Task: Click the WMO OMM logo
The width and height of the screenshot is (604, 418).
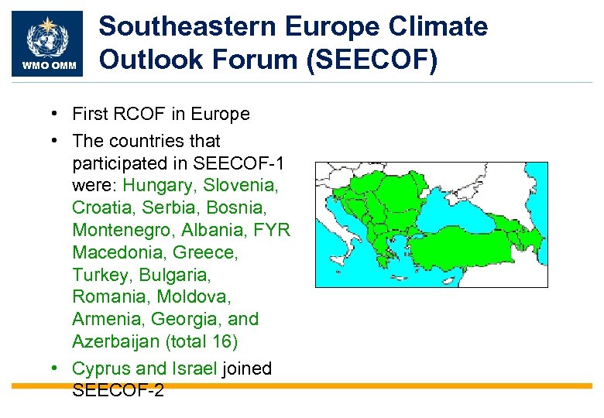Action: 49,44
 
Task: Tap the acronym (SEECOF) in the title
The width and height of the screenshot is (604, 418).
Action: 372,60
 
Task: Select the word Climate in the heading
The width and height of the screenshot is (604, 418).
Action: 439,27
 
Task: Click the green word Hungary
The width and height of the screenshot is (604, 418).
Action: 158,186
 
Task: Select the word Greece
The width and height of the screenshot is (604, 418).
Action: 205,253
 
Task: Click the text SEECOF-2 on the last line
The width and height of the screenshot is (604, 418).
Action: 118,391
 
